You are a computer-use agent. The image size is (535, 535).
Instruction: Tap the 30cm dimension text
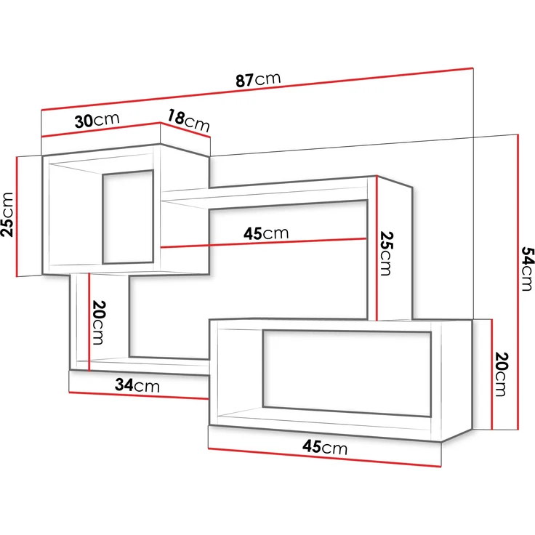(x=97, y=121)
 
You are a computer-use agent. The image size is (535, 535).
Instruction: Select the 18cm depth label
(x=188, y=120)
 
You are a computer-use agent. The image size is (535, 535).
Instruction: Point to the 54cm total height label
(x=528, y=268)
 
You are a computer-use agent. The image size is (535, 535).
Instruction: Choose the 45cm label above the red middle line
(x=266, y=233)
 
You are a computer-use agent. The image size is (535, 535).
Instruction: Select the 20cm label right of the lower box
(x=500, y=374)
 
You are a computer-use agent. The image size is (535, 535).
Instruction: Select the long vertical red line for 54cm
(x=517, y=283)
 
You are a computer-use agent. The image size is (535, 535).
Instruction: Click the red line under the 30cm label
(x=100, y=130)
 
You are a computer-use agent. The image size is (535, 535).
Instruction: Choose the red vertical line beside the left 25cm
(x=17, y=216)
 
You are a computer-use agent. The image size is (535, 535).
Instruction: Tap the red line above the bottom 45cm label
(x=325, y=458)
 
